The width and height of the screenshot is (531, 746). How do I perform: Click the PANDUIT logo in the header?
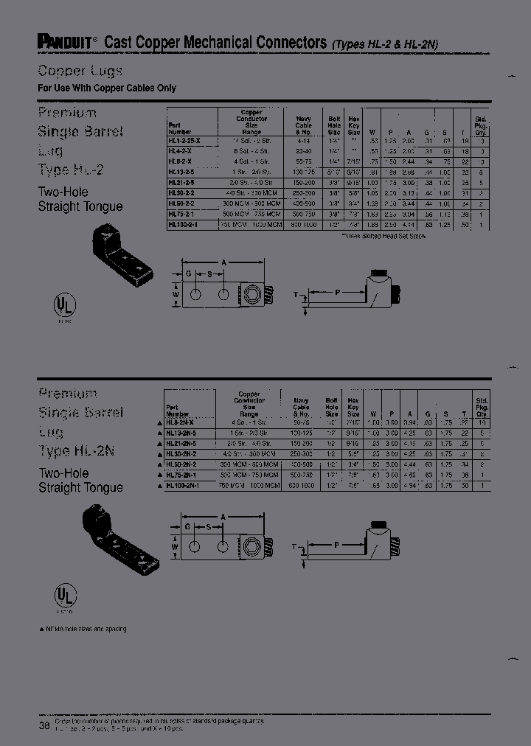coord(63,43)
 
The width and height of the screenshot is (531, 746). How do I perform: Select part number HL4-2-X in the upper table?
coord(181,149)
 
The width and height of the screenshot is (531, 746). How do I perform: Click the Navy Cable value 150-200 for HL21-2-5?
coord(304,181)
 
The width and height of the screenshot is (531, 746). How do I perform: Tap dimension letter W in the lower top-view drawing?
coord(175,547)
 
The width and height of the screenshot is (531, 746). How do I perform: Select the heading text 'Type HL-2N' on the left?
coord(80,451)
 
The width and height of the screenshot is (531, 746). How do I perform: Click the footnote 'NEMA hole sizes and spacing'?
coord(82,629)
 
